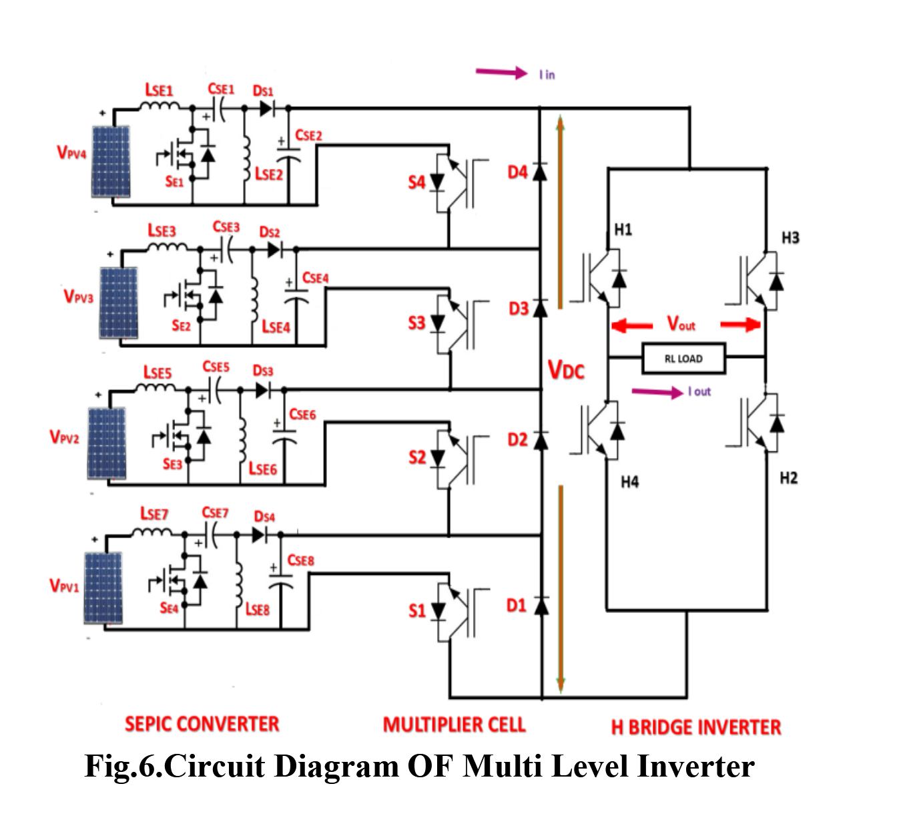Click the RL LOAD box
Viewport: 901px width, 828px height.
pyautogui.click(x=683, y=359)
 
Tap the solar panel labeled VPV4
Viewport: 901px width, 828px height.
pyautogui.click(x=111, y=162)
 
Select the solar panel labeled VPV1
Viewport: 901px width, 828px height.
pyautogui.click(x=103, y=588)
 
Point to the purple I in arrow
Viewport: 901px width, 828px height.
pyautogui.click(x=501, y=72)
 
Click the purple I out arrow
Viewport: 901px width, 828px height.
pyautogui.click(x=657, y=392)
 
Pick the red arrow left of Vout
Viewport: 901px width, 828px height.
pyautogui.click(x=631, y=326)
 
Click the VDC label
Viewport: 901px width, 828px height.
pyautogui.click(x=566, y=370)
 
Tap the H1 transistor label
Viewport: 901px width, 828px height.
pyautogui.click(x=623, y=230)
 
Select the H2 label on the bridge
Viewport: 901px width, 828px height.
pyautogui.click(x=788, y=478)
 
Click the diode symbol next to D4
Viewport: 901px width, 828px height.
pyautogui.click(x=540, y=172)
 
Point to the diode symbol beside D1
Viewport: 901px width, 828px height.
pyautogui.click(x=541, y=606)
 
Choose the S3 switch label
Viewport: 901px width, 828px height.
pyautogui.click(x=416, y=323)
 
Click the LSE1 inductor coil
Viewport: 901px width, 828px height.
pyautogui.click(x=160, y=106)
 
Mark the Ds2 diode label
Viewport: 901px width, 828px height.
pyautogui.click(x=269, y=232)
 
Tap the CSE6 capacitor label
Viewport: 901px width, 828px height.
pyautogui.click(x=302, y=415)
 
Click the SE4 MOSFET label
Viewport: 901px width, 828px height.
pyautogui.click(x=169, y=608)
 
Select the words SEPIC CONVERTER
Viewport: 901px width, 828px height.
pyautogui.click(x=202, y=724)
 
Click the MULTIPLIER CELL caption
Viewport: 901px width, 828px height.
pyautogui.click(x=454, y=724)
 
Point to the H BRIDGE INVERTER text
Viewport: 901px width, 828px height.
pyautogui.click(x=695, y=727)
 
